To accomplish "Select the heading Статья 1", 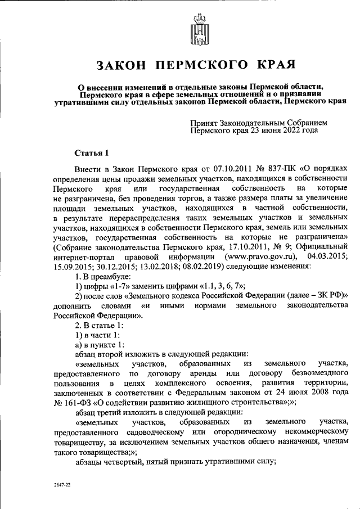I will tap(90, 152).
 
